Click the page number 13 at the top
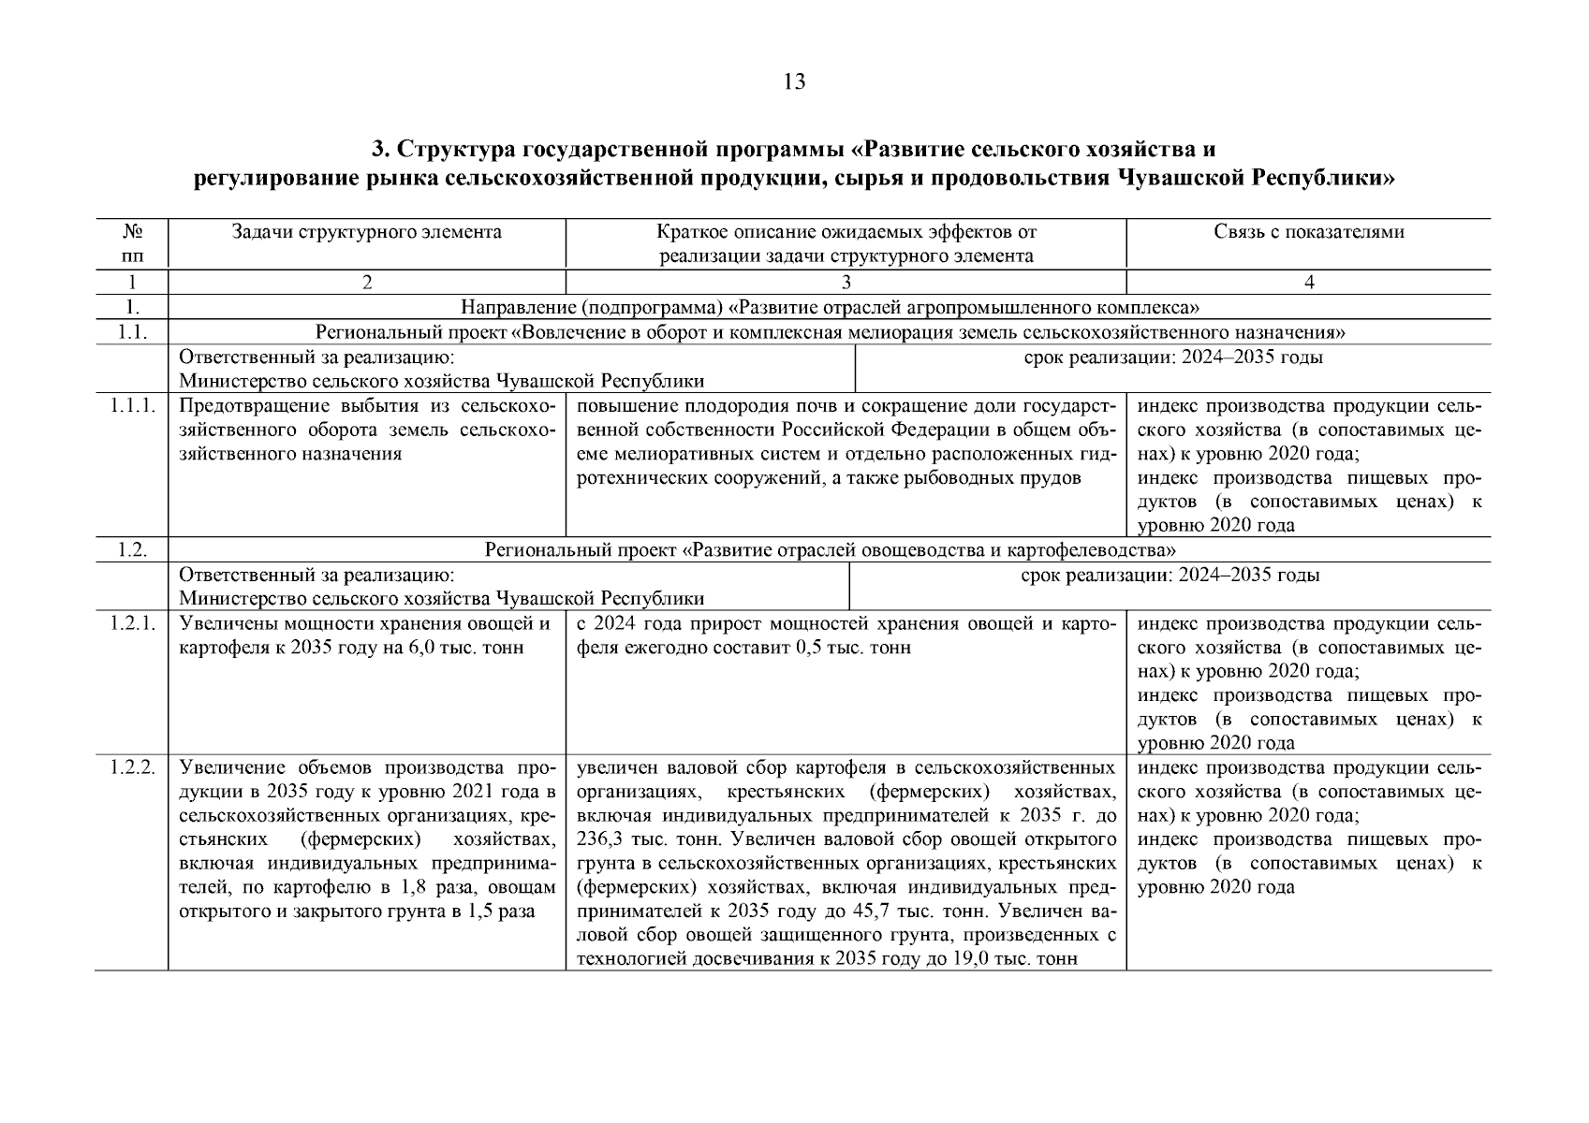[793, 82]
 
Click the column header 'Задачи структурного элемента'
[367, 232]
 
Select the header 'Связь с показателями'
[1308, 232]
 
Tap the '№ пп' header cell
[131, 243]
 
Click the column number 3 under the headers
[846, 283]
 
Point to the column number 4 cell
[1308, 283]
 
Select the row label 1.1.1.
[131, 406]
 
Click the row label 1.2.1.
[131, 624]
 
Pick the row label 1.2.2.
[131, 768]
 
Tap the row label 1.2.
[132, 550]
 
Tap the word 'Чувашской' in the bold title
[1182, 178]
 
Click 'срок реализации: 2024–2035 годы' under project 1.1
[1173, 357]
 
